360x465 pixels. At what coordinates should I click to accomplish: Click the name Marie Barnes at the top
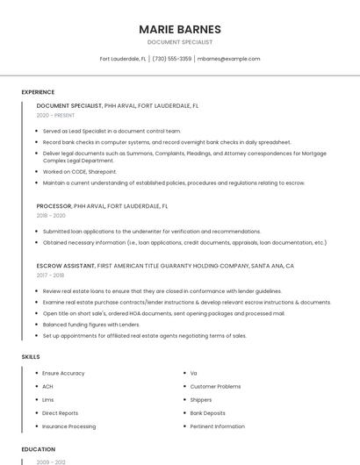pos(180,29)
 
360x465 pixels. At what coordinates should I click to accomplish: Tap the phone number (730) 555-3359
pos(171,59)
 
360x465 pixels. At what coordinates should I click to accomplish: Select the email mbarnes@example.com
pos(228,59)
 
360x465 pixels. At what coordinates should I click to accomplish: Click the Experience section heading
pos(38,92)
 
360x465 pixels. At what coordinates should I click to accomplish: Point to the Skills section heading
pos(31,357)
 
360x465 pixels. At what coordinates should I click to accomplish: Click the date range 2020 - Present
pos(56,116)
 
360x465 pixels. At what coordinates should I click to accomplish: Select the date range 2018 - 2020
pos(51,215)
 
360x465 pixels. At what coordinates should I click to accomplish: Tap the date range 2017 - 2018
pos(51,275)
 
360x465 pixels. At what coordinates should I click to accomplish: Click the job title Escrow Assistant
pos(66,265)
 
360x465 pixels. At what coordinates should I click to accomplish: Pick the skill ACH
pos(48,386)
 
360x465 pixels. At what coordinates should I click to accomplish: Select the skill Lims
pos(48,399)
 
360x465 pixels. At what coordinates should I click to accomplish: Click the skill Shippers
pos(201,399)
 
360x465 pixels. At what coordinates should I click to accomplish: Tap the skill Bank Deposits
pos(208,412)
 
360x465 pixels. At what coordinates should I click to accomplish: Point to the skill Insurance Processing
pos(69,426)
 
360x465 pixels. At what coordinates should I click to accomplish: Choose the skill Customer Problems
pos(215,386)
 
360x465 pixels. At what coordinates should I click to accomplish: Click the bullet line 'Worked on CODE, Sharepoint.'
pos(80,172)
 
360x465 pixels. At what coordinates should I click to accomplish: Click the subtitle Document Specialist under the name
pos(180,42)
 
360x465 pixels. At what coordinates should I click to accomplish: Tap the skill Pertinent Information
pos(218,426)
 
